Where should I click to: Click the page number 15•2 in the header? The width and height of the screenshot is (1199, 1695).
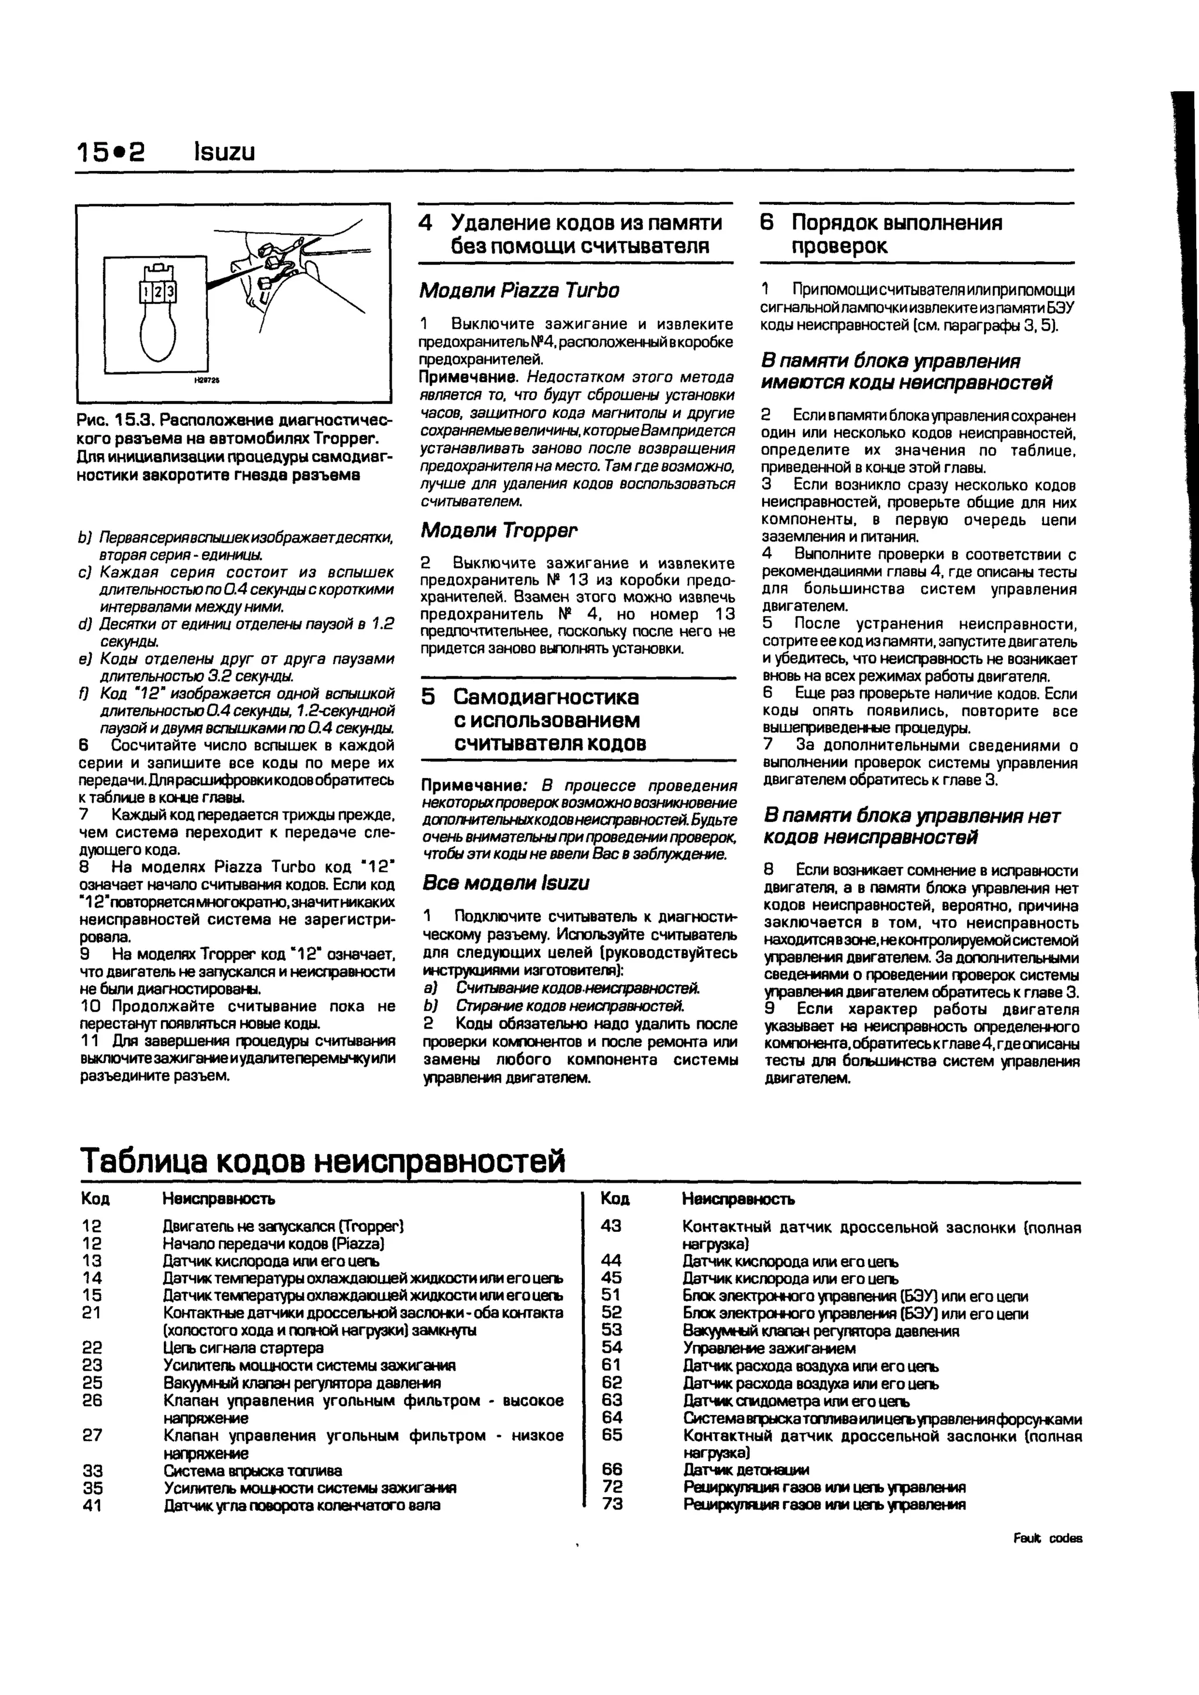111,152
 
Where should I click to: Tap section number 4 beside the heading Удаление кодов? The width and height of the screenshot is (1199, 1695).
425,223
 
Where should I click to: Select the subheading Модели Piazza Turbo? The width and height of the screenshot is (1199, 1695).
519,290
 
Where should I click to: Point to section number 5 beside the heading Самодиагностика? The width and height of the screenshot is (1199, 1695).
428,697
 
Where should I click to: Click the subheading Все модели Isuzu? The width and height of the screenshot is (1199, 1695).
506,883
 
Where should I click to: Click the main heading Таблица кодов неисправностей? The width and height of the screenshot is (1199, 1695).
323,1160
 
